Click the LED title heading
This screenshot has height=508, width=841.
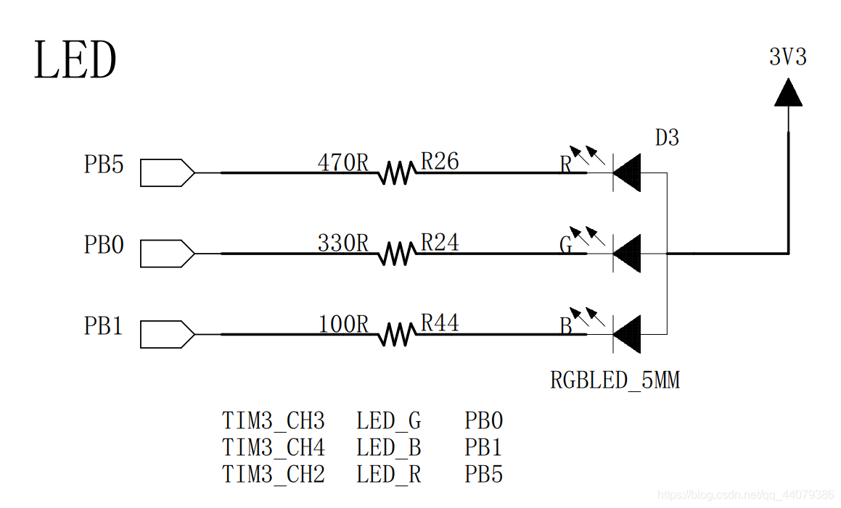[75, 61]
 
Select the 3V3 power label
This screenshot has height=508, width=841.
[787, 57]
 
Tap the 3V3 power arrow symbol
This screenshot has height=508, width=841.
[788, 93]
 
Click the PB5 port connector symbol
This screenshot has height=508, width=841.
[167, 173]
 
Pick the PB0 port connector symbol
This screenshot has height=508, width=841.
[167, 254]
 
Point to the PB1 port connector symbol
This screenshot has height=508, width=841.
[167, 335]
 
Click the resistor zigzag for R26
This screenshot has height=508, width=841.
[396, 173]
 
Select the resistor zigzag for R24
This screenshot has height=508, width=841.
[396, 254]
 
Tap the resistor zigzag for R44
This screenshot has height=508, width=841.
[396, 335]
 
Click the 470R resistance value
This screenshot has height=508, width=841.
[343, 163]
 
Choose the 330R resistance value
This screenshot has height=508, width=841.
[343, 243]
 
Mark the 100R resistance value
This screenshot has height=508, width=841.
[343, 325]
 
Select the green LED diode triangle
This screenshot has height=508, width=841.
[628, 254]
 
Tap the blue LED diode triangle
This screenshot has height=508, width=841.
[628, 335]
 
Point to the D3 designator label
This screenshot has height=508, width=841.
[667, 138]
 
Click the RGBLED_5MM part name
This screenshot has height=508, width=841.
[615, 380]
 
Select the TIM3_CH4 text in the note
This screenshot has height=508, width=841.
[274, 448]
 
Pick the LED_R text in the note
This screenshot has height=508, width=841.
[388, 475]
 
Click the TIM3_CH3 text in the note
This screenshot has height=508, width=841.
[274, 421]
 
